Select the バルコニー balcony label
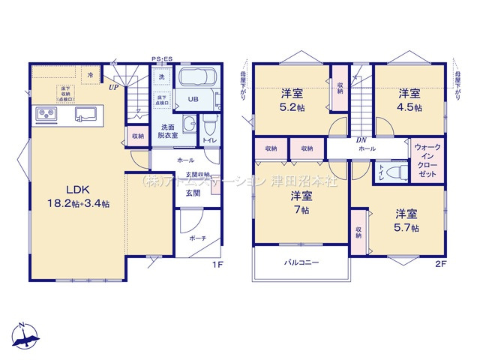coord(301,262)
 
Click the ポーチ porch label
coord(198,239)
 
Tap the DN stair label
coord(361,140)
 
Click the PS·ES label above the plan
coord(161,58)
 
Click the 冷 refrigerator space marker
coord(91,75)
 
